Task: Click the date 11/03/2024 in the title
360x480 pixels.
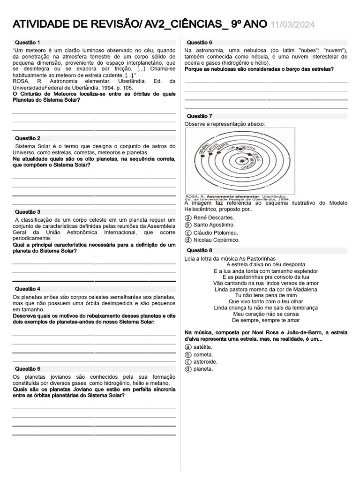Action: click(x=293, y=25)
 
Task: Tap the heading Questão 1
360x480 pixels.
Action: click(x=28, y=42)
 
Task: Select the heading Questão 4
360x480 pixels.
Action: click(x=28, y=289)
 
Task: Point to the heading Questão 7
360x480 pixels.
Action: click(x=199, y=116)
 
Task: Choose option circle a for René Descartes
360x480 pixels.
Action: click(x=188, y=217)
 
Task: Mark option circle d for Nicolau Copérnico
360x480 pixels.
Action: click(x=188, y=240)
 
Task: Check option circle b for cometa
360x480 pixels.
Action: click(x=188, y=354)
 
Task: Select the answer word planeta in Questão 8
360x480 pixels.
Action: click(x=203, y=369)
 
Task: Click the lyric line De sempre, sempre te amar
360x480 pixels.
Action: click(x=266, y=320)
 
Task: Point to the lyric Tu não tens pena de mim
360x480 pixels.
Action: click(x=266, y=295)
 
